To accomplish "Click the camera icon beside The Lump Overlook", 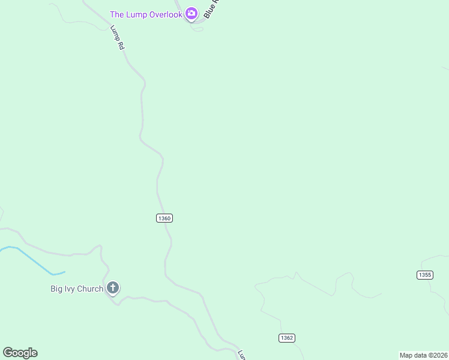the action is pos(191,13).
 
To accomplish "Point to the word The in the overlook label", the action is pos(116,14).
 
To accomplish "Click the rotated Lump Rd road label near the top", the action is pos(117,37).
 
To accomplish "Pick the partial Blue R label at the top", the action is pos(212,8).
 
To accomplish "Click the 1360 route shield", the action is pos(164,218).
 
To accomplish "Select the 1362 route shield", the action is pos(287,338).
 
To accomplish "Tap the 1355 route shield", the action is pos(424,275).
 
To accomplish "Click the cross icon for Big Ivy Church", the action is pos(112,288).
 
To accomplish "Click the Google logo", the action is pos(20,353).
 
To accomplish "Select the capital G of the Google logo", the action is pos(7,352).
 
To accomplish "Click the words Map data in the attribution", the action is pos(414,355).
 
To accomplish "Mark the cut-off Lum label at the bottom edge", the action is pos(241,355).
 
